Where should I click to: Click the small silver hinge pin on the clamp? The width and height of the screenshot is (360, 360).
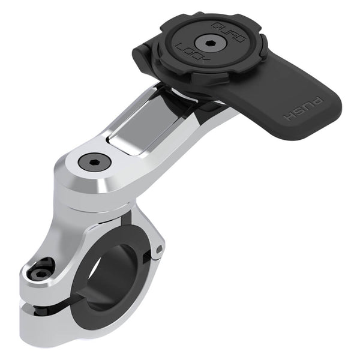tap(159, 248)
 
